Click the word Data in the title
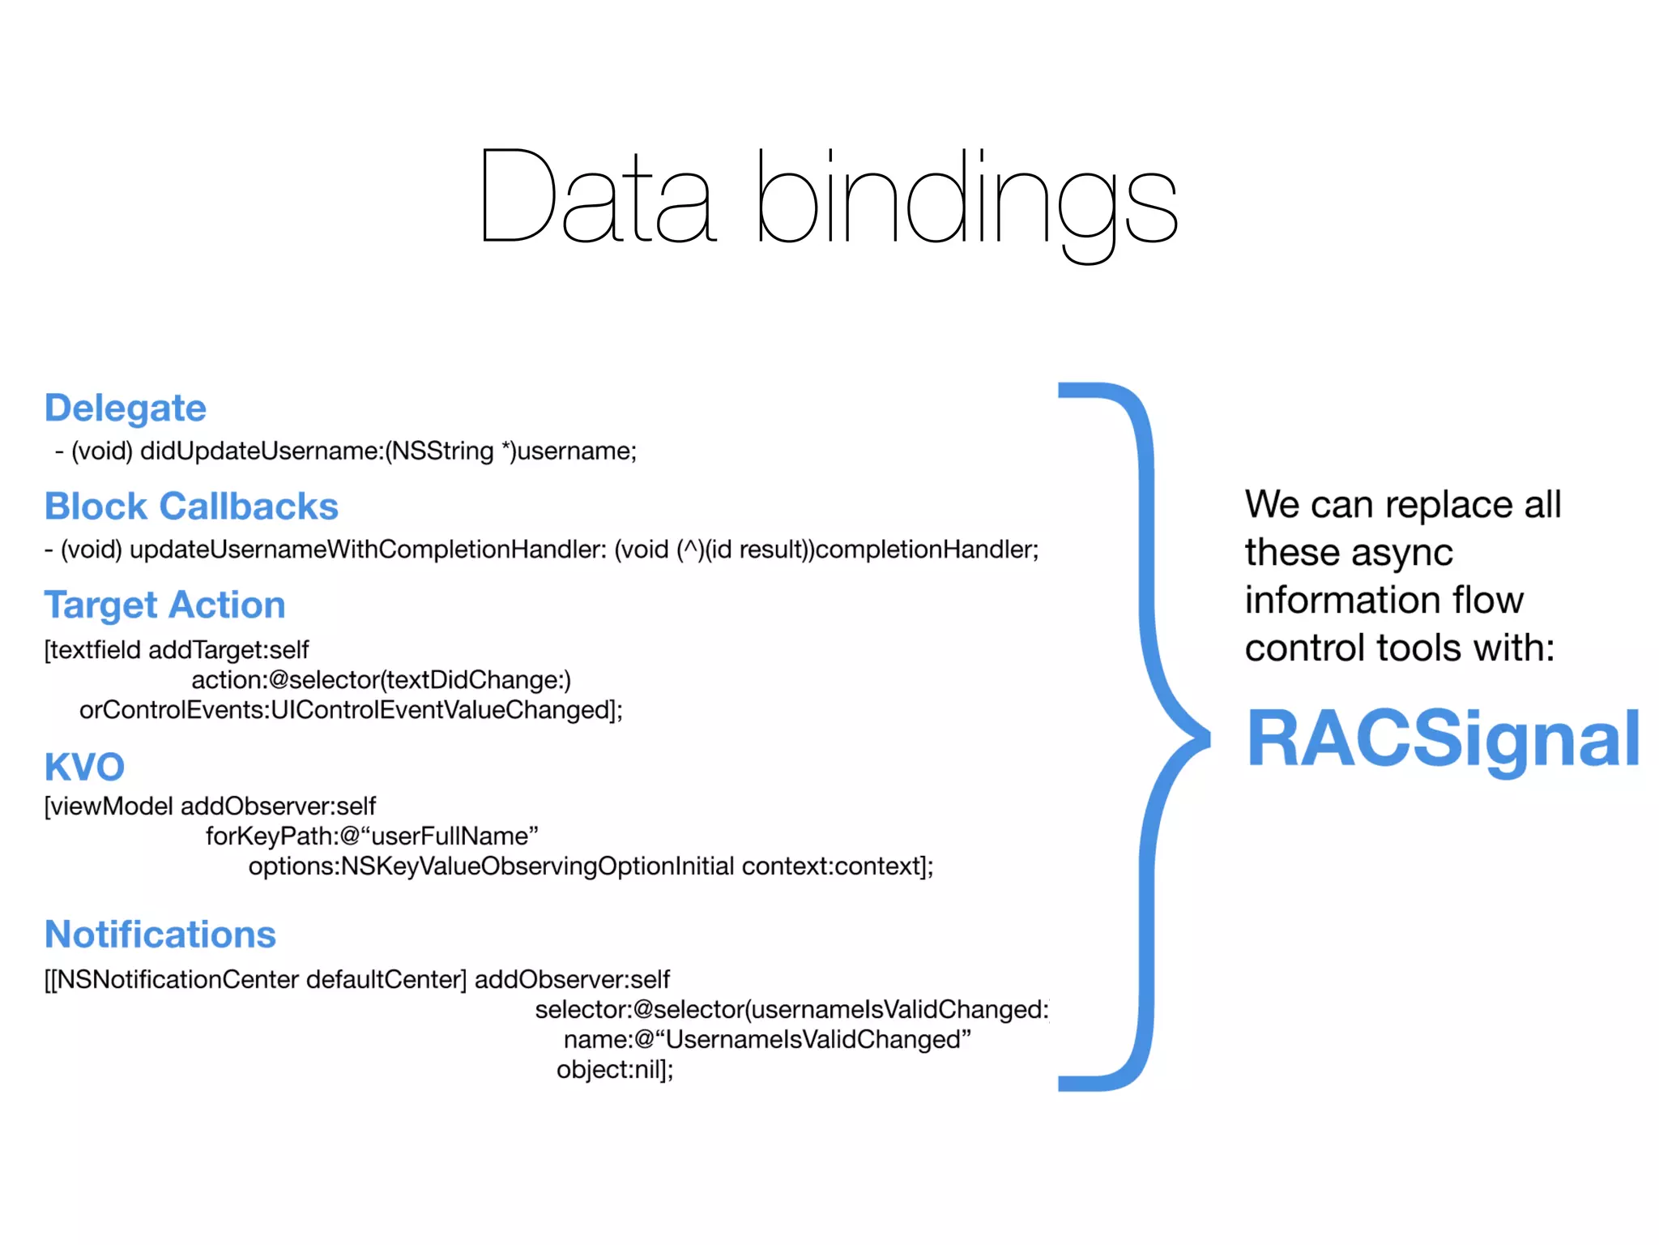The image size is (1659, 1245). [598, 197]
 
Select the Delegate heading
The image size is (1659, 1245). [126, 408]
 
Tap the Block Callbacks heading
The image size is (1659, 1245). [191, 507]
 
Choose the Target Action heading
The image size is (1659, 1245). [164, 605]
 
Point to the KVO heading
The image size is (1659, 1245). [84, 767]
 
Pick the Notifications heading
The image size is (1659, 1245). [160, 935]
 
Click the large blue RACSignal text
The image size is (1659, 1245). [1443, 738]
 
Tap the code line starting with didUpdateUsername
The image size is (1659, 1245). [347, 451]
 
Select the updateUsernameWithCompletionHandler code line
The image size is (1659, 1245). [541, 550]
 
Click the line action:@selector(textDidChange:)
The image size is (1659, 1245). [381, 680]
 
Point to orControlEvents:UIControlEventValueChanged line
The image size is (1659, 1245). [351, 710]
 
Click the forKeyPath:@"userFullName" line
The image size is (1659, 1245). [372, 836]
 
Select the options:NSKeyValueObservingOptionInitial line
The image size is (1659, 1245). [591, 866]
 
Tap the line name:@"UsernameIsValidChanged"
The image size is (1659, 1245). [767, 1039]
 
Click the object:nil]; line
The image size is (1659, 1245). [615, 1070]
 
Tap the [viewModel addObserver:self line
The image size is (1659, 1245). [210, 806]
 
